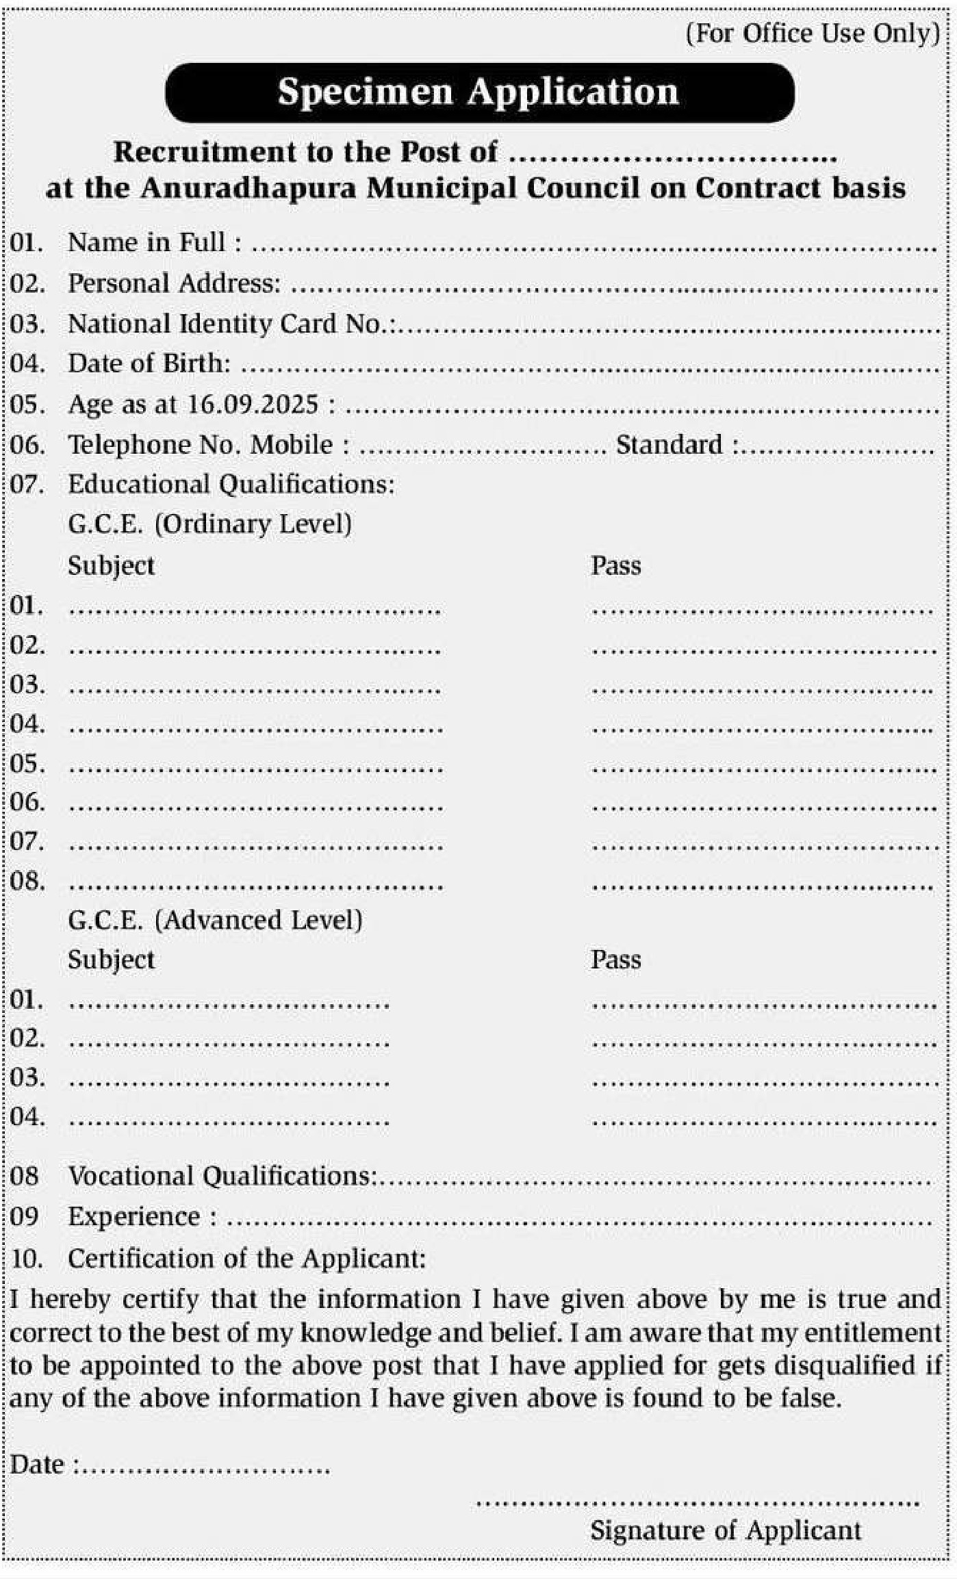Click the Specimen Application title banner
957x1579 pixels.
point(478,92)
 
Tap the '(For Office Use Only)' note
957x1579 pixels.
point(813,34)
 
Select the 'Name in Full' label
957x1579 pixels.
point(154,242)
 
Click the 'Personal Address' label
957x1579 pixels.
point(174,283)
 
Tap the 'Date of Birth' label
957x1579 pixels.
point(149,363)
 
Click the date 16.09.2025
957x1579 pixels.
point(253,405)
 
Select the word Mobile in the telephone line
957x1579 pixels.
point(292,445)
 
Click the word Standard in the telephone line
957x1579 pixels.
point(669,445)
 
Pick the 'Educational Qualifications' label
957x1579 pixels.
point(231,485)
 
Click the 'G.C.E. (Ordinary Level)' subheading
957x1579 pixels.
point(209,524)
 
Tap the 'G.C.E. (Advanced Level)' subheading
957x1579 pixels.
point(215,920)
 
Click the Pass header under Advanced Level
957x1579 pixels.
point(615,960)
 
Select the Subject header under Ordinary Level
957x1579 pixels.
point(111,565)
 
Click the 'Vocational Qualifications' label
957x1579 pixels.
point(222,1176)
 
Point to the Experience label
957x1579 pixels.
point(134,1216)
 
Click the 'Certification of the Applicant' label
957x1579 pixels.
point(246,1258)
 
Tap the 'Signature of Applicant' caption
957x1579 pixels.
point(726,1530)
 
